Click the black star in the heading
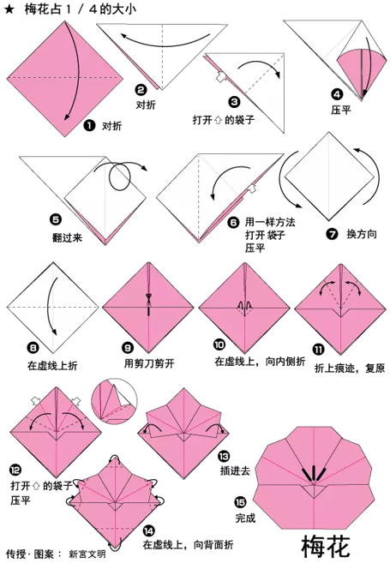pos(9,9)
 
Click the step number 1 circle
pos(89,125)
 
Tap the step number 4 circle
pos(337,94)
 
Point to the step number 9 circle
pos(128,348)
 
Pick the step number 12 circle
pos(16,470)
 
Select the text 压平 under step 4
pos(340,110)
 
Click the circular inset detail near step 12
pos(114,402)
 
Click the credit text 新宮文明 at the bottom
pos(87,554)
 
